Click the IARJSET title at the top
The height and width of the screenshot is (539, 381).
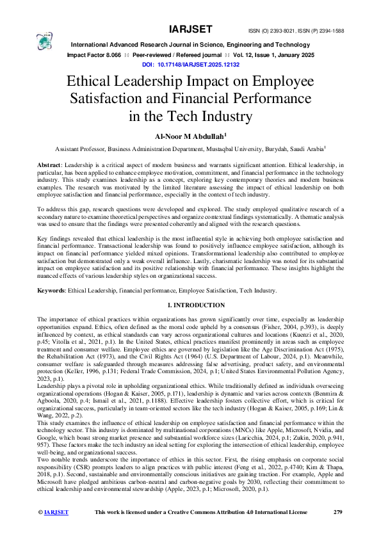(x=190, y=29)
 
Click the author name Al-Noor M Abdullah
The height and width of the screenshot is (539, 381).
(x=190, y=136)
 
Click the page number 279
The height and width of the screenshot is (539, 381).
(x=338, y=530)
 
